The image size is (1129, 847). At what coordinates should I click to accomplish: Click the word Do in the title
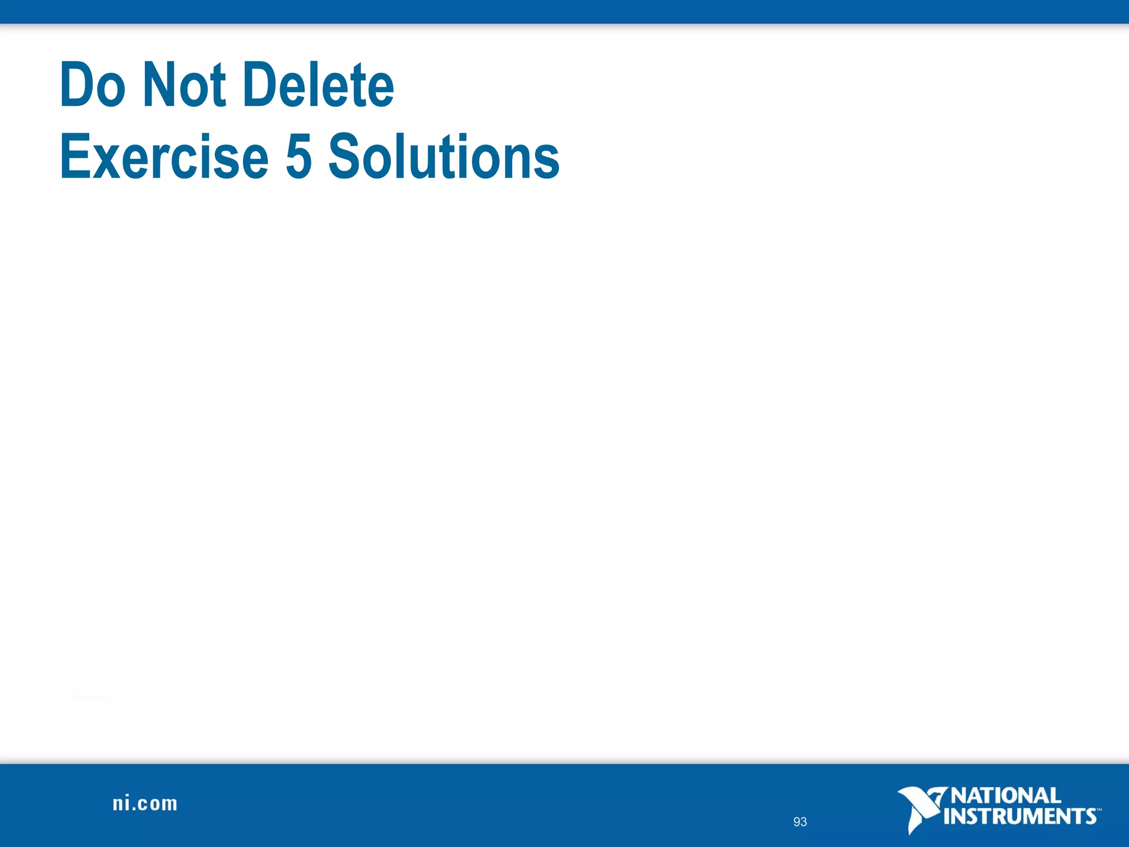pos(93,85)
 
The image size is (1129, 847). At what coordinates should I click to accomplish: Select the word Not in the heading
pos(184,85)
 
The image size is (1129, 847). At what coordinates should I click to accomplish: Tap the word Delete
pos(319,85)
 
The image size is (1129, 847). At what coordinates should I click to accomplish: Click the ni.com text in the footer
pos(145,803)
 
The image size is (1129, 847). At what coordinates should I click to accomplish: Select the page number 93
pos(800,822)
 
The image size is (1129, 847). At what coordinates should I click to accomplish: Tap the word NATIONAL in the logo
pos(1006,796)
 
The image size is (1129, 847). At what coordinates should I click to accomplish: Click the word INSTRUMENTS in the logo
pos(1020,816)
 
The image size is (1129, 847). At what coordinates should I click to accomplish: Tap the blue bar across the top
pos(564,12)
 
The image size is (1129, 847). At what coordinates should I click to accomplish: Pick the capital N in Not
pos(157,85)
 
